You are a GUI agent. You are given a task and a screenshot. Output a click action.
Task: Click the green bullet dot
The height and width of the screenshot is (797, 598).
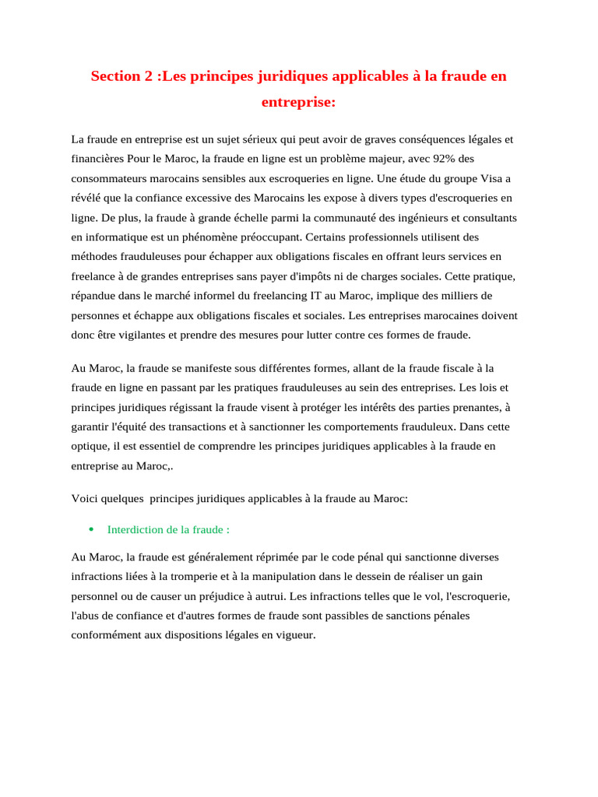click(91, 529)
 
